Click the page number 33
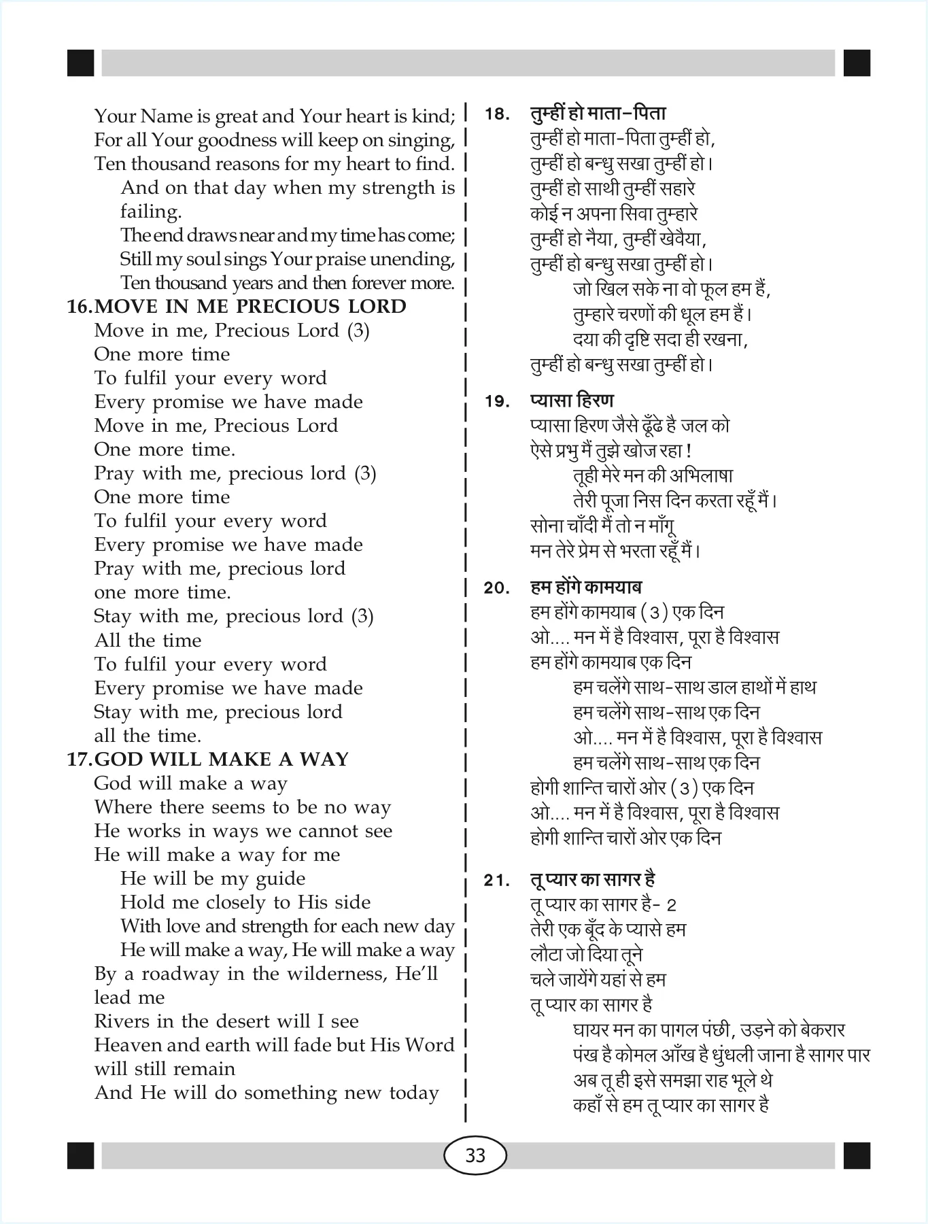475,1155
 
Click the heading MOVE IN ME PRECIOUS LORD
250,307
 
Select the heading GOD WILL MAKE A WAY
222,759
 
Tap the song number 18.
497,114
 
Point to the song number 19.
497,402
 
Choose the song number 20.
497,588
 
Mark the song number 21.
497,881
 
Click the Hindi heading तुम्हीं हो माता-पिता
598,113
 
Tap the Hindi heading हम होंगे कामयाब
586,587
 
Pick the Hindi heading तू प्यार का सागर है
592,879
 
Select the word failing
151,211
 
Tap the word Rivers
123,1021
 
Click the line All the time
148,640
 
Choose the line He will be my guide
213,879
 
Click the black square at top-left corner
81,63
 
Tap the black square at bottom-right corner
857,1155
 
